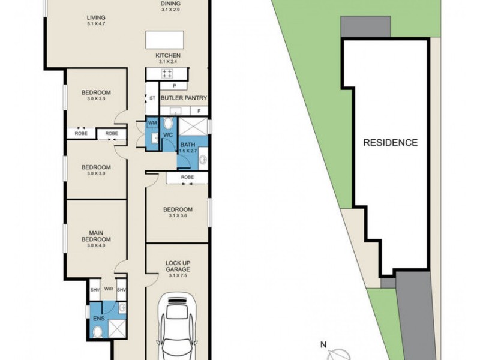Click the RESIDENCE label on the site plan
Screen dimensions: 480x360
pyautogui.click(x=391, y=143)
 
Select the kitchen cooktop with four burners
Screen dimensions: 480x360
pyautogui.click(x=167, y=73)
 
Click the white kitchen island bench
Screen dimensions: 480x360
pyautogui.click(x=164, y=40)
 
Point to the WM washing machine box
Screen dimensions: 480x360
pyautogui.click(x=152, y=123)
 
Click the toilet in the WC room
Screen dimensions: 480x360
pyautogui.click(x=168, y=123)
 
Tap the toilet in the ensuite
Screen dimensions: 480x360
pyautogui.click(x=98, y=332)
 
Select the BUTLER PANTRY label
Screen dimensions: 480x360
pyautogui.click(x=184, y=98)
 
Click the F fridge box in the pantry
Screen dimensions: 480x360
pyautogui.click(x=199, y=111)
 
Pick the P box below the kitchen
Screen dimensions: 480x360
pyautogui.click(x=174, y=86)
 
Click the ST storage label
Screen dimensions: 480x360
pyautogui.click(x=152, y=98)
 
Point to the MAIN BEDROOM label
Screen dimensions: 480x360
pyautogui.click(x=96, y=236)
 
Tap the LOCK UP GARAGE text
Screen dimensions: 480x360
pyautogui.click(x=178, y=266)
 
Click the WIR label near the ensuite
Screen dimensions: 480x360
pyautogui.click(x=109, y=289)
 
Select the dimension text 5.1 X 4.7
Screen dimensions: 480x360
pyautogui.click(x=96, y=23)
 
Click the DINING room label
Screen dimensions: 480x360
pyautogui.click(x=170, y=4)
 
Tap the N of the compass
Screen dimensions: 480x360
pyautogui.click(x=323, y=345)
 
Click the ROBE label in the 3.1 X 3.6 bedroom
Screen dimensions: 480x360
pyautogui.click(x=187, y=177)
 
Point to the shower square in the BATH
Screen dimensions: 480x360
pyautogui.click(x=193, y=126)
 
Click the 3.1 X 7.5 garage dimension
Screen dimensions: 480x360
pyautogui.click(x=178, y=275)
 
